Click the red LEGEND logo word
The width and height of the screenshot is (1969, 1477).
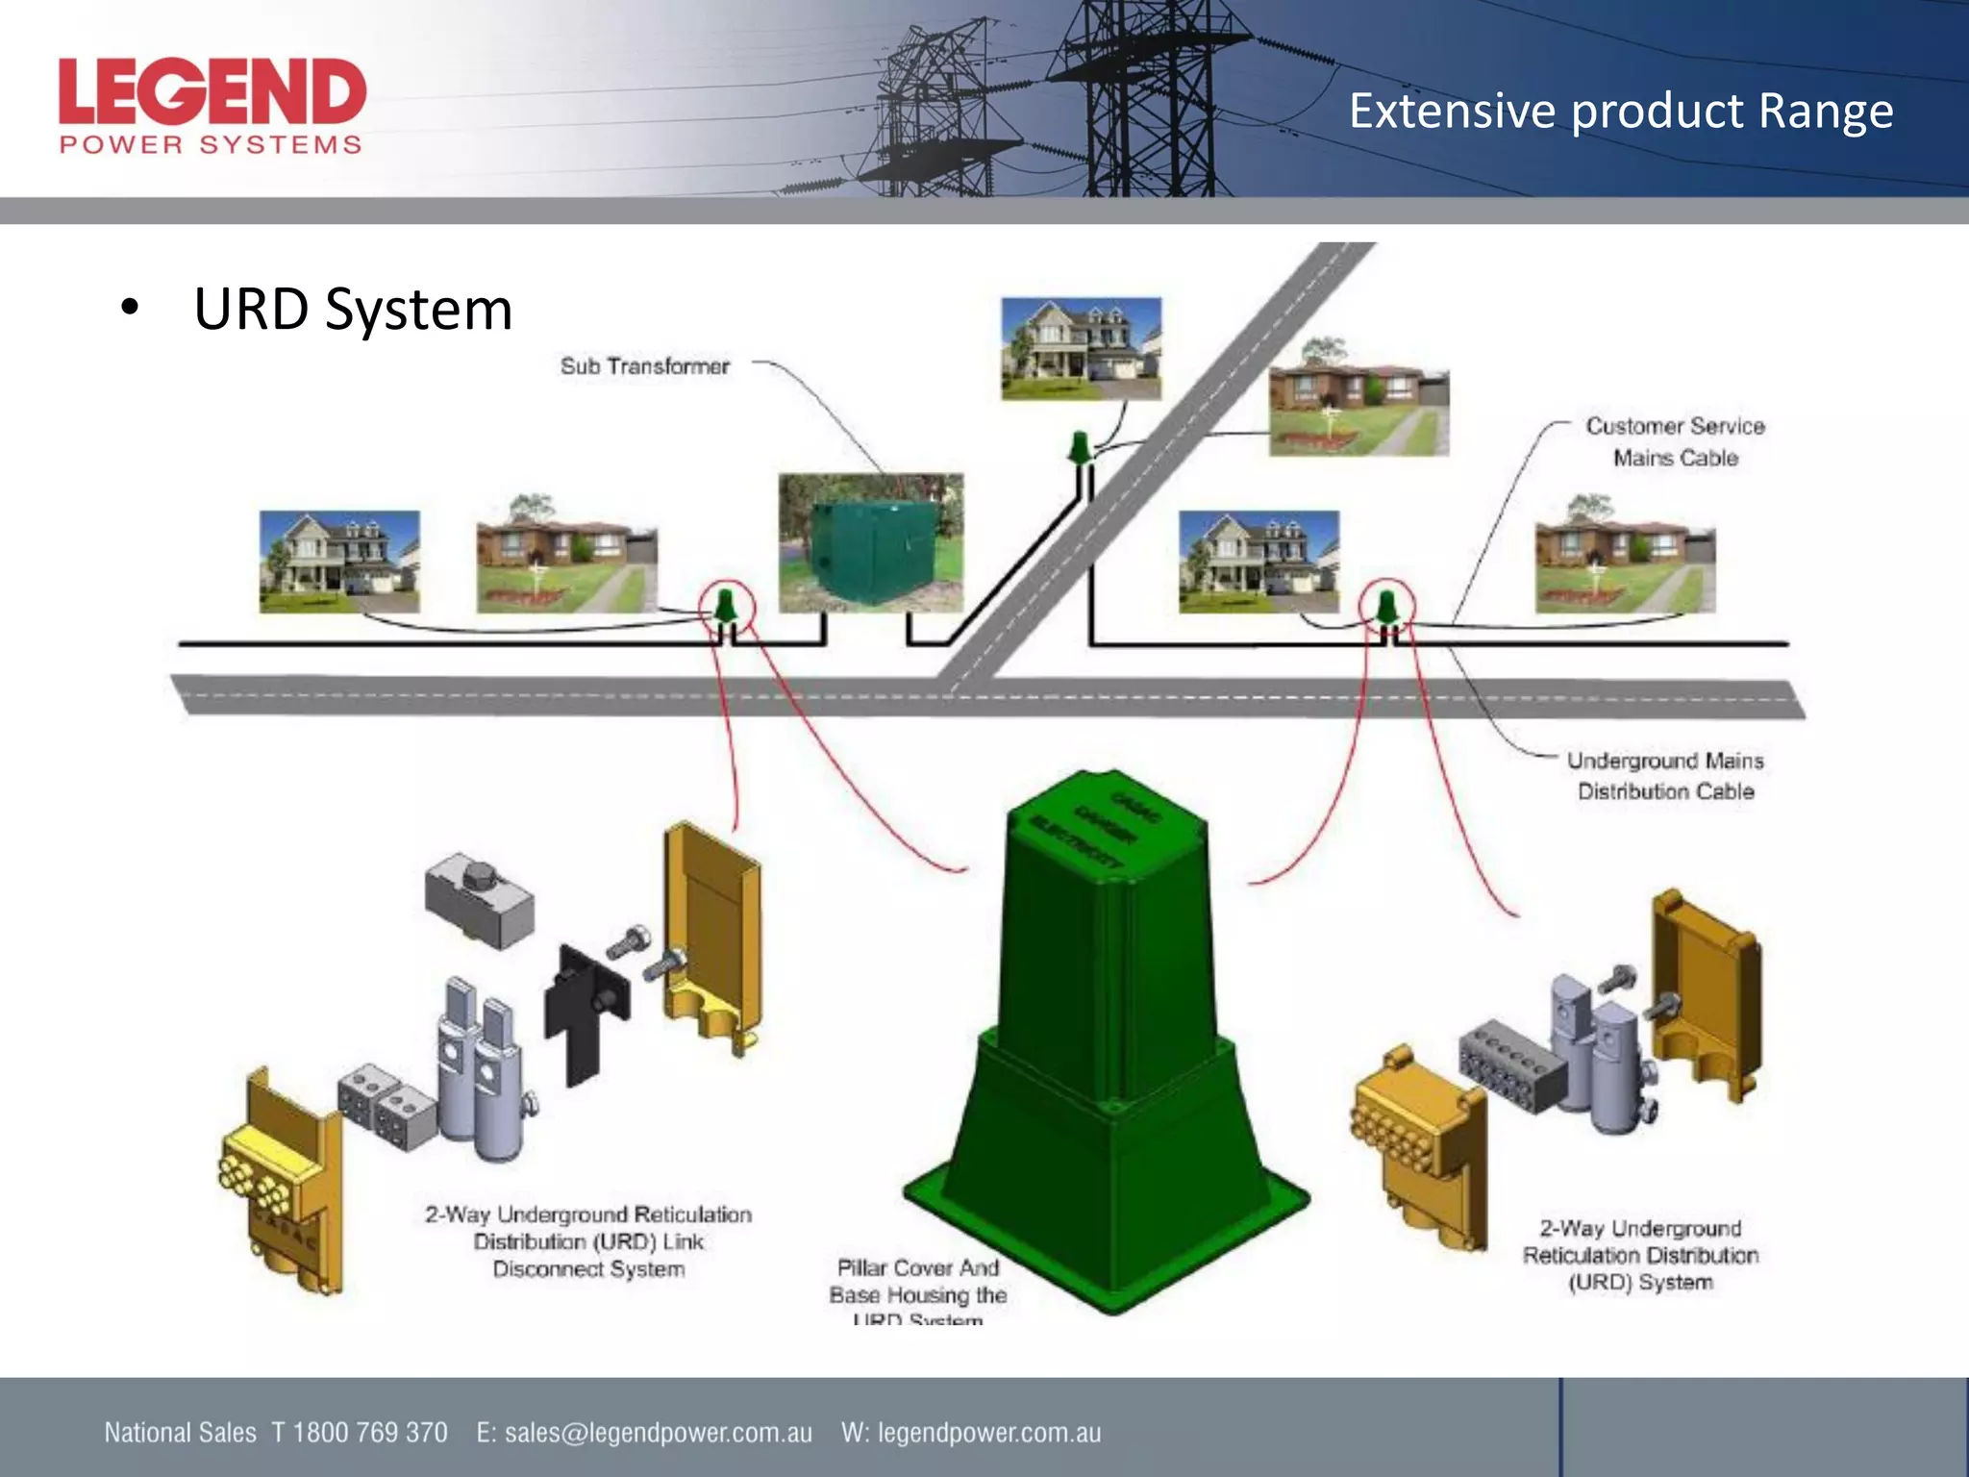point(212,92)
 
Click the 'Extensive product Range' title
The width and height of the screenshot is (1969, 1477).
point(1620,111)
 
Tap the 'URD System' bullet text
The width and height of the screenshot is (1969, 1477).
point(352,310)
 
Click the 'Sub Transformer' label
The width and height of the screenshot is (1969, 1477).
point(644,366)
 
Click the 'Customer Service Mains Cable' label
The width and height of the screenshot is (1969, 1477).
point(1674,441)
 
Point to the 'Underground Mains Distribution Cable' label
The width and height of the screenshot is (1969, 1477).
point(1665,776)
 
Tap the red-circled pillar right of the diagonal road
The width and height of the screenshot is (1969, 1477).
point(1385,608)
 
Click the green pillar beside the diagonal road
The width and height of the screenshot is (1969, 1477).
point(1080,448)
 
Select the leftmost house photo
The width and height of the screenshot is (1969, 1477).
point(339,562)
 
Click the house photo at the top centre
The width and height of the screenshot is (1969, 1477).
point(1081,348)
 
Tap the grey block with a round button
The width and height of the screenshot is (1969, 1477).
point(479,898)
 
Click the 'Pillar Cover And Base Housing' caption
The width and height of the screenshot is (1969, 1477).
point(917,1283)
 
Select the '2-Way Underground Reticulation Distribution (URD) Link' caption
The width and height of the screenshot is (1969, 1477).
point(588,1241)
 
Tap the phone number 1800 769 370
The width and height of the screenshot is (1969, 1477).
point(370,1433)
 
